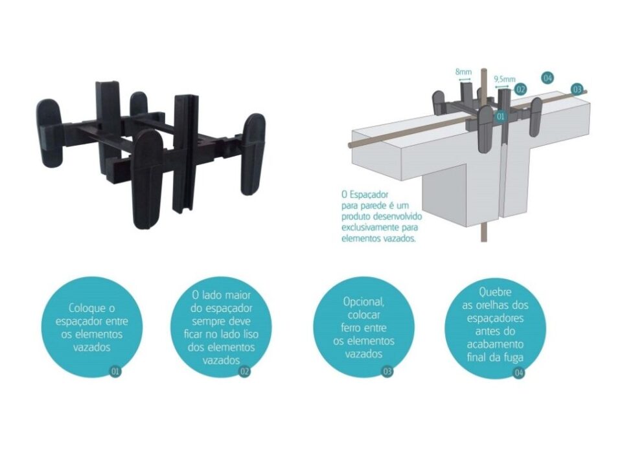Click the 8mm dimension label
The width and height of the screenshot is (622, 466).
coord(463,72)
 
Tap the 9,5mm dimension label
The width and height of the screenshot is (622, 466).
coord(504,79)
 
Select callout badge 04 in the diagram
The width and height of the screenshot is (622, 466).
coord(547,78)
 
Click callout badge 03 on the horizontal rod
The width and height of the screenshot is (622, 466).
coord(577,89)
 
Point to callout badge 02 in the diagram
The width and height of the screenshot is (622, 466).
coord(520,89)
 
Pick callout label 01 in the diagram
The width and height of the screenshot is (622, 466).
coord(501,116)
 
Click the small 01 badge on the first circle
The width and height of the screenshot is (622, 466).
coord(115,372)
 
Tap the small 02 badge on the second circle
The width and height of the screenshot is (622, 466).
coord(245,372)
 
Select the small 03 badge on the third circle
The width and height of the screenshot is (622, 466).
coord(387,372)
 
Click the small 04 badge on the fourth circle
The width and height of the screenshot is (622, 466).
coord(518,373)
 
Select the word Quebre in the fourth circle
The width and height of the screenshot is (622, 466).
coord(495,293)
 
